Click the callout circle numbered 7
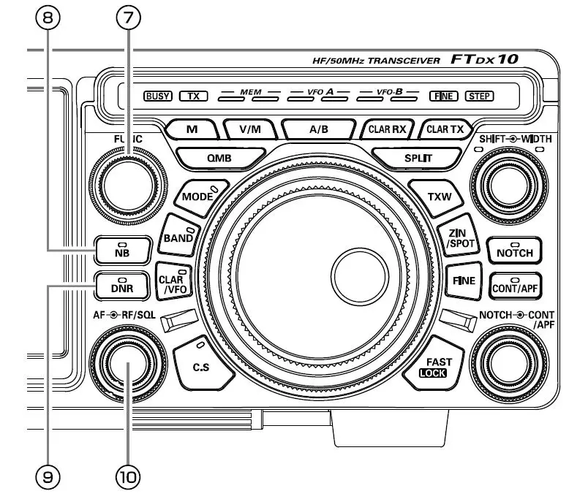[129, 20]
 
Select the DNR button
[121, 286]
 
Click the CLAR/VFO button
[174, 281]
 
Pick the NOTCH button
[514, 252]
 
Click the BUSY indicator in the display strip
[158, 96]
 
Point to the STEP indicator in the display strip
[480, 96]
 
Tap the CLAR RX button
[388, 129]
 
